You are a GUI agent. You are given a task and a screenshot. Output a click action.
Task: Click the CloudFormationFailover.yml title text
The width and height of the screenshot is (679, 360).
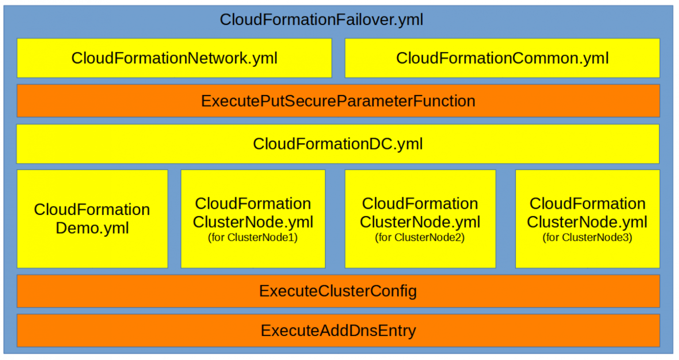(321, 19)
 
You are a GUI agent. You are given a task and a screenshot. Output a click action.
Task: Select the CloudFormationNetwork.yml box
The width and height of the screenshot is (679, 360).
(174, 58)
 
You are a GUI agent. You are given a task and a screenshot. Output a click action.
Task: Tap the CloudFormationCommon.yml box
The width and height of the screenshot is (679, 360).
(502, 58)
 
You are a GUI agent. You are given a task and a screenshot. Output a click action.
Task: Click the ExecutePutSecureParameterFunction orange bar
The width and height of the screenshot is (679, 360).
(338, 101)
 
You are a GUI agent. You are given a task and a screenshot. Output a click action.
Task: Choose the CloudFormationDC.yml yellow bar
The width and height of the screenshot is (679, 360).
(338, 144)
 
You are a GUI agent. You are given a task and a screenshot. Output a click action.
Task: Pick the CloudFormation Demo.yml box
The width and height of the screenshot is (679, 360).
(92, 218)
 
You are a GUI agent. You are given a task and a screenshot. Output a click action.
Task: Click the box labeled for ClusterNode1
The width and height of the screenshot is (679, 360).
(253, 218)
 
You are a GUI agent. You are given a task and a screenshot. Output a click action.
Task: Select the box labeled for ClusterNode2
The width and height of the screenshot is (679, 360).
(420, 218)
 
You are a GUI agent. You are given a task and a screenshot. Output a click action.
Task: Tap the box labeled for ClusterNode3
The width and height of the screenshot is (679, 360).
(587, 218)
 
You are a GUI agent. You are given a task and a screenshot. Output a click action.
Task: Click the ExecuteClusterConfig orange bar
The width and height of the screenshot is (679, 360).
(338, 291)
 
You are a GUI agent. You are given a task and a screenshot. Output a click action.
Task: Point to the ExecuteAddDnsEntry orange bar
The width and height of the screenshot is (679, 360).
(338, 330)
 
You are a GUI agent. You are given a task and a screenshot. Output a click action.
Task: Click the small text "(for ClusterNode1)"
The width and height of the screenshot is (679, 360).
(253, 237)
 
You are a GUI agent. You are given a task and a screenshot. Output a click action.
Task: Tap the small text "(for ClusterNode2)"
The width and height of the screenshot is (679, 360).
(420, 237)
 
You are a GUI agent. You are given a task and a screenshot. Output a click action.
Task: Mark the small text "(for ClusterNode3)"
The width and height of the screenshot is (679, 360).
(587, 237)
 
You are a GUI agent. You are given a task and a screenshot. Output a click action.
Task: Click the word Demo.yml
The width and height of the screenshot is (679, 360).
(92, 228)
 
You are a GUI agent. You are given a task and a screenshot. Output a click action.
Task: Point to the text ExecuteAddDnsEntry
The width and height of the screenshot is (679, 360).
(338, 330)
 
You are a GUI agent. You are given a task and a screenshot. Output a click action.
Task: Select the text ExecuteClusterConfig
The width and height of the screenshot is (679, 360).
(338, 291)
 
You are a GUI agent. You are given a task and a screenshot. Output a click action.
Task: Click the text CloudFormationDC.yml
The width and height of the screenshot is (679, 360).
(338, 144)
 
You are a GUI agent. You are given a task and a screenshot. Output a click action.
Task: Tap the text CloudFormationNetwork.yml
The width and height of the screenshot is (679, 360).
(174, 58)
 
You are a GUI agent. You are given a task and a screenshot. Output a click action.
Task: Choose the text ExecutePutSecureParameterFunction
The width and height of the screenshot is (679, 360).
(338, 101)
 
